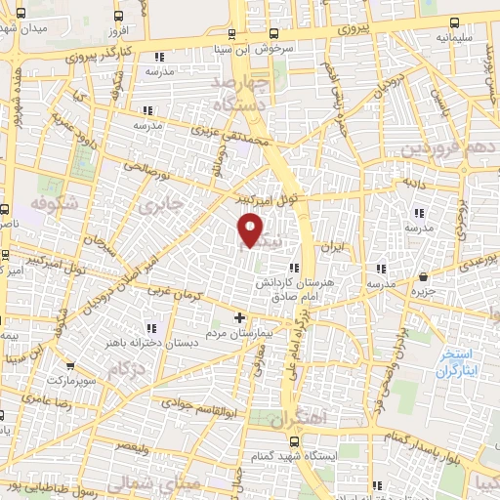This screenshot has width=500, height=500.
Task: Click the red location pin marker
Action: click(x=251, y=230)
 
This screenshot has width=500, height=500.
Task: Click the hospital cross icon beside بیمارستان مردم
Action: click(x=240, y=317)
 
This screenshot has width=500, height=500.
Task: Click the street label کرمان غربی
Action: click(x=173, y=294)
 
